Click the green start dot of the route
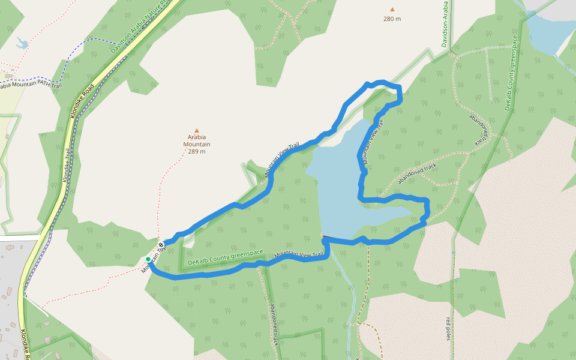(x=148, y=259)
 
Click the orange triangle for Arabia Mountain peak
(x=196, y=130)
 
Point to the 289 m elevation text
(x=196, y=151)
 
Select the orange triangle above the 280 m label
(x=392, y=10)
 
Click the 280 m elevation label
(x=392, y=19)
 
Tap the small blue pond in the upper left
(x=22, y=43)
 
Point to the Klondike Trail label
(x=67, y=165)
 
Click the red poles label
(x=448, y=329)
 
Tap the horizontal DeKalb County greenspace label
(x=226, y=259)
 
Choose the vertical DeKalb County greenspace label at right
(x=511, y=72)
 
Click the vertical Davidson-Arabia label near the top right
(x=445, y=24)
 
